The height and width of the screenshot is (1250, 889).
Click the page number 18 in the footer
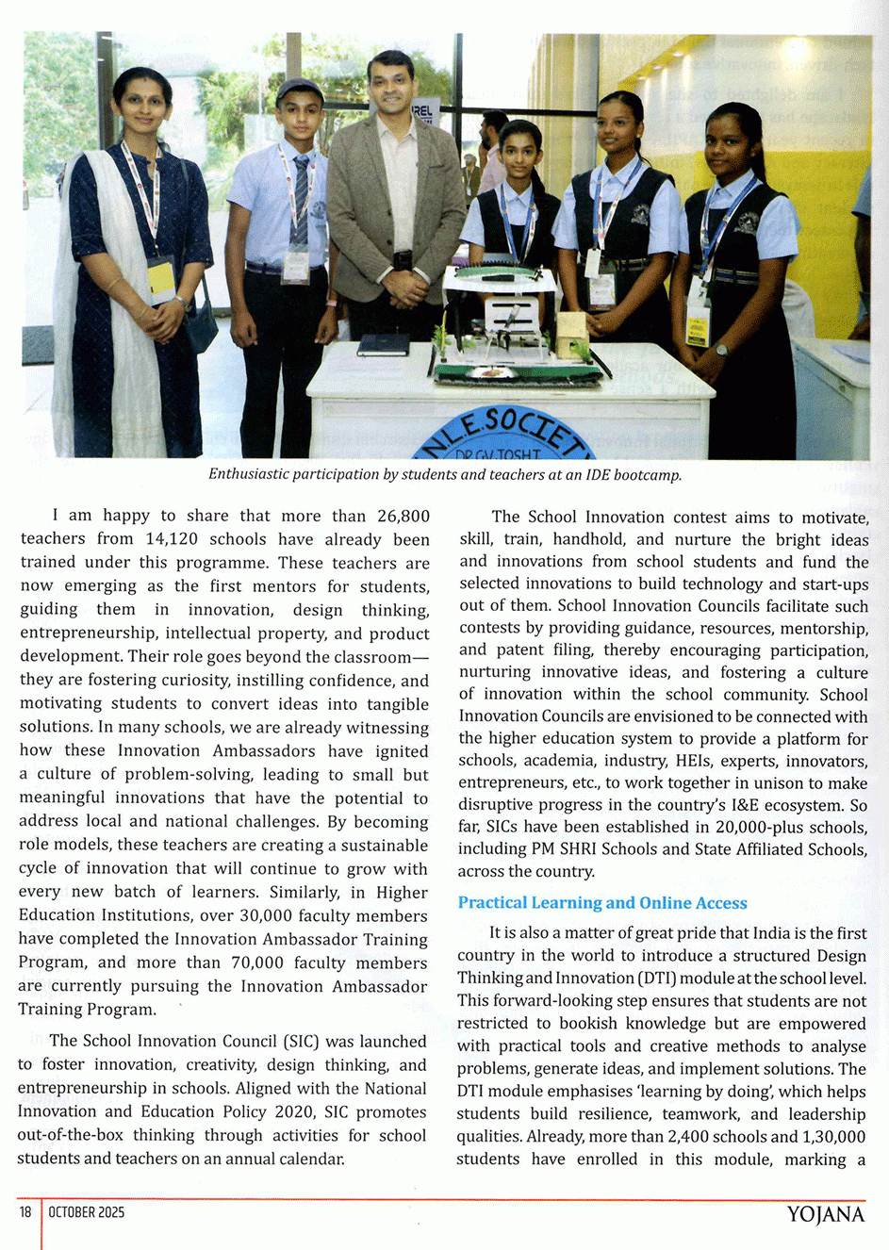(x=25, y=1212)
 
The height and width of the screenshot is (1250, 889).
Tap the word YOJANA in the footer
(x=825, y=1214)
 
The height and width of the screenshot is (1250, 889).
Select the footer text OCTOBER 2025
(x=86, y=1212)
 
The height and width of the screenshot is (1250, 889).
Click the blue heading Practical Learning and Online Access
(x=601, y=903)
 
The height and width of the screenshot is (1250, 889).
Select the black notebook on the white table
(x=384, y=345)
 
